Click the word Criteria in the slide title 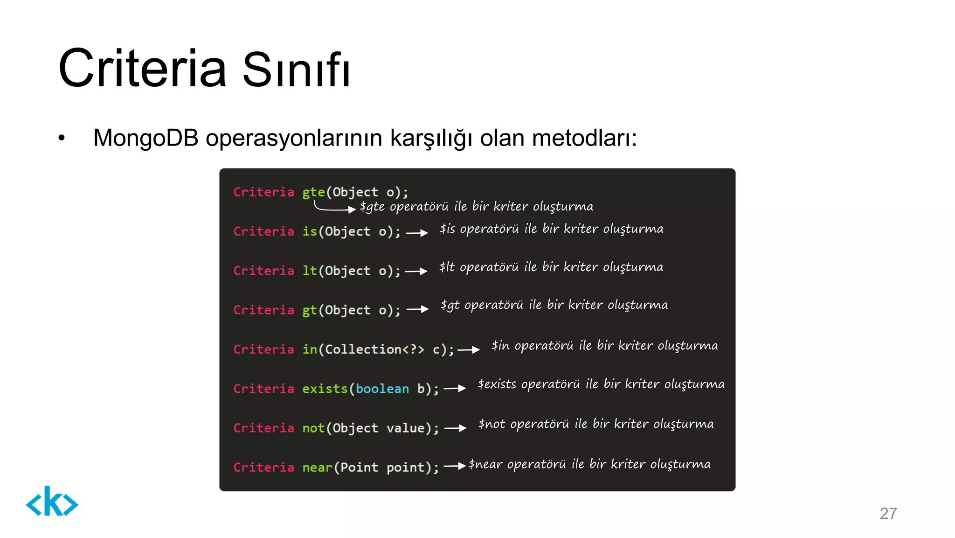142,69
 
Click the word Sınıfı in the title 296,70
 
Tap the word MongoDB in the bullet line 145,138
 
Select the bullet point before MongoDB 62,139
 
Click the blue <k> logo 52,502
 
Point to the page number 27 888,513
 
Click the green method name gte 313,192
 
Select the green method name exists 325,389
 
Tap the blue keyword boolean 382,389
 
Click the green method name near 317,467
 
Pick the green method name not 313,428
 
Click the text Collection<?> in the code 374,349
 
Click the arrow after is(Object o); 417,233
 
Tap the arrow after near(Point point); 455,466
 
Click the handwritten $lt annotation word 447,267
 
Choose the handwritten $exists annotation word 497,384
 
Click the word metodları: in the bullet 584,138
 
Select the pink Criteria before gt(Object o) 264,310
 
